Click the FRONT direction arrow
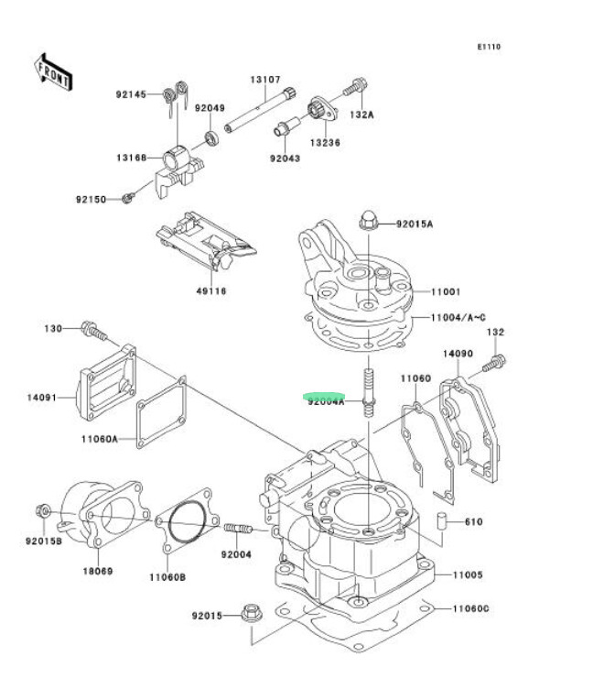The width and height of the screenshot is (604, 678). click(x=53, y=72)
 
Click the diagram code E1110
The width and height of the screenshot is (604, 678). click(x=489, y=47)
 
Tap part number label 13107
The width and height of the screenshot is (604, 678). click(x=265, y=80)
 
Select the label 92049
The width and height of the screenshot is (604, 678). click(x=210, y=108)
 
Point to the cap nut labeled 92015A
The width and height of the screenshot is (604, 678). click(x=367, y=221)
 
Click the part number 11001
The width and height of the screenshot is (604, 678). click(x=446, y=292)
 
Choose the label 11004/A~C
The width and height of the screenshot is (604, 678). click(x=458, y=318)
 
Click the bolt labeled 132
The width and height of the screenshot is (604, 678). click(x=495, y=364)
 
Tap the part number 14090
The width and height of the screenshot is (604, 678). click(x=458, y=354)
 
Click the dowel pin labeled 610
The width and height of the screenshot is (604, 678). click(x=441, y=521)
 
